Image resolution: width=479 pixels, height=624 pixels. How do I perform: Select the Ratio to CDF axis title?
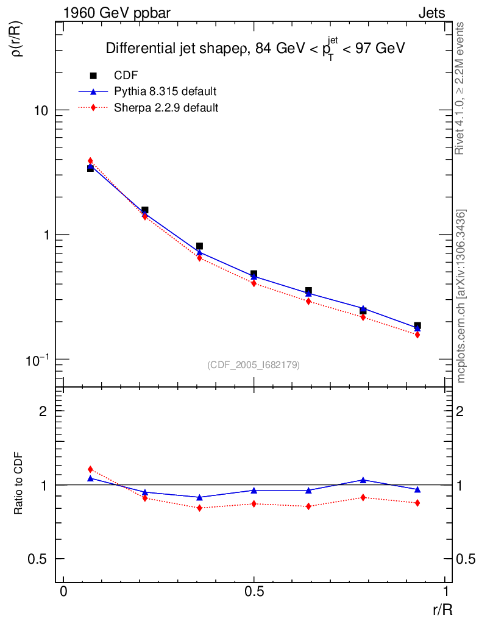19,484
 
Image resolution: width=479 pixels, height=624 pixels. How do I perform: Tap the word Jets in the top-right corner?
431,13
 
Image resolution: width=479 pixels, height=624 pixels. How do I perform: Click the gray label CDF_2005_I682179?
254,364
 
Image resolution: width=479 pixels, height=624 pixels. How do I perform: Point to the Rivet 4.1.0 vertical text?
461,88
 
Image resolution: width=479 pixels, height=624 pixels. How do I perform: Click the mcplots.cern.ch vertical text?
461,296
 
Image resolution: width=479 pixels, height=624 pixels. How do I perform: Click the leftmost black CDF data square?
90,168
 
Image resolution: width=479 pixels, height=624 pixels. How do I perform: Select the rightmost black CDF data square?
417,326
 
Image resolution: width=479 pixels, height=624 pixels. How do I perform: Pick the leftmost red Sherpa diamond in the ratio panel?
90,469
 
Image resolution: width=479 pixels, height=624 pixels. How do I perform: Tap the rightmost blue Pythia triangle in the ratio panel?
417,489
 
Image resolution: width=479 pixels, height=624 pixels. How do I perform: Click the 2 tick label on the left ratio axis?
43,411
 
